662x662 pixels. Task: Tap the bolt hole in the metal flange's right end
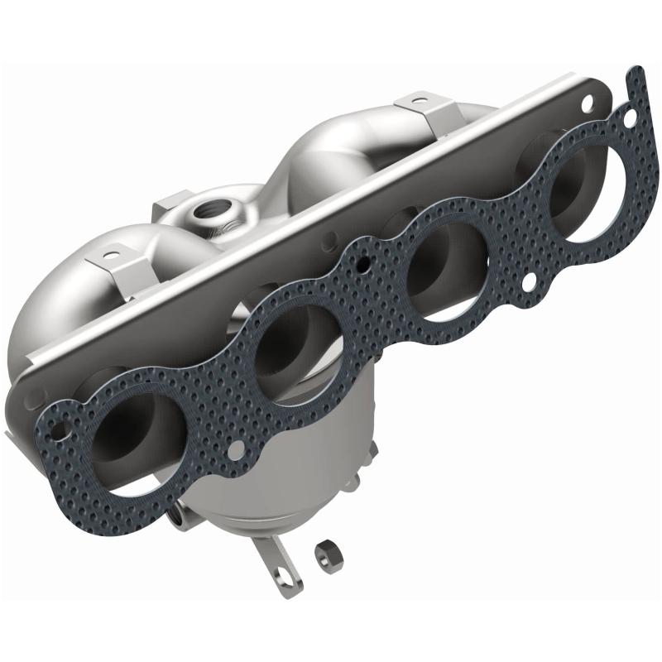pos(588,104)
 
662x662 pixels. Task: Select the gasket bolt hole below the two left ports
pos(236,453)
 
